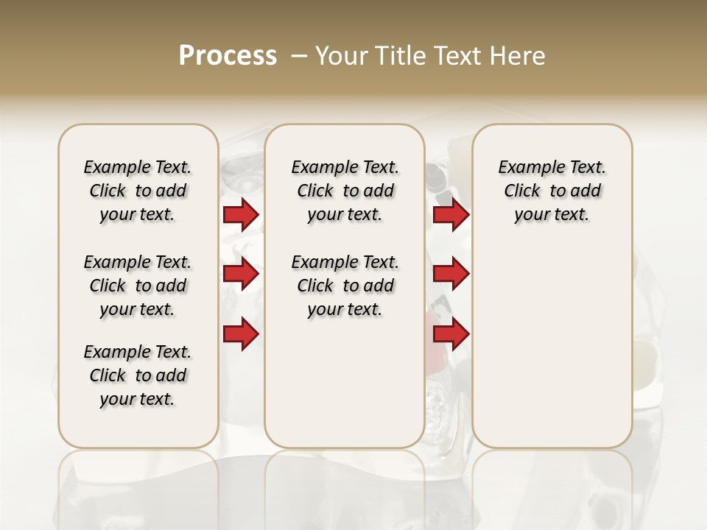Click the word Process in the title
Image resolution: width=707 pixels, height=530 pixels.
228,56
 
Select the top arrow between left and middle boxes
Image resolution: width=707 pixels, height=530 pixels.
241,214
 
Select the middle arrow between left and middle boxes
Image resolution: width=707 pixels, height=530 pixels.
241,274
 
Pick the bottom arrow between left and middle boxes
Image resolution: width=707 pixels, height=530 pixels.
241,334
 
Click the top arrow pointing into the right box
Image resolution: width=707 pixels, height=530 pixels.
451,214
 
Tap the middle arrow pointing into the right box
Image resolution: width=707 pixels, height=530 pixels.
451,274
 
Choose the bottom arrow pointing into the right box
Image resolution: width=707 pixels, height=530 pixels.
451,334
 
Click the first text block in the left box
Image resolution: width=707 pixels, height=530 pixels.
138,191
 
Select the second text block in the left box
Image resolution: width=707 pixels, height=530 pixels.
138,286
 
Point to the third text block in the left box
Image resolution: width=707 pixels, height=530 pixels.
138,375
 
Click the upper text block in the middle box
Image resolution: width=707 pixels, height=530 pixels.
345,191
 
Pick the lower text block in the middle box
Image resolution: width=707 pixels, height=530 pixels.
345,286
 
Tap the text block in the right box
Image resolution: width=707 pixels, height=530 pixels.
552,191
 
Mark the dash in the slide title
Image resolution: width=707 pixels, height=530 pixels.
299,56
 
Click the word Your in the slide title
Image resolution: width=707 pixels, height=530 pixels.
342,56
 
